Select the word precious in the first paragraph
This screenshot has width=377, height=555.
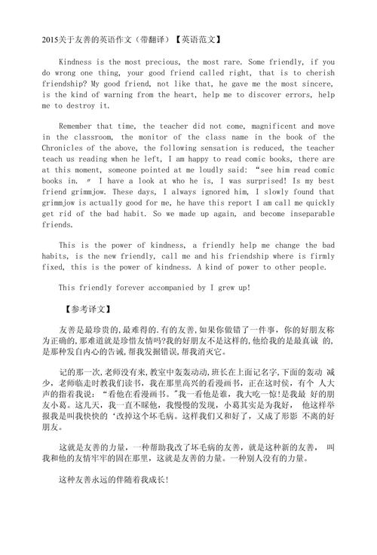point(177,61)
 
